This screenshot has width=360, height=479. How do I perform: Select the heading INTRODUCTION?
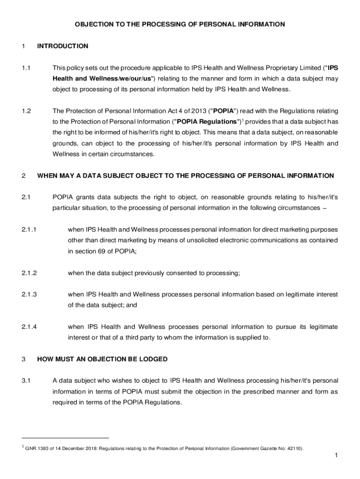(x=63, y=46)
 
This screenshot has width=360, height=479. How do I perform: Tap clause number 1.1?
(x=26, y=68)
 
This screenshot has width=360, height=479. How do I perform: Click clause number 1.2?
(x=26, y=111)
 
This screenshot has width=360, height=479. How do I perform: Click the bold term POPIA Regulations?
(x=206, y=122)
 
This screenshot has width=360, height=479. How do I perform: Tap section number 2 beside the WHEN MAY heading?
(x=23, y=176)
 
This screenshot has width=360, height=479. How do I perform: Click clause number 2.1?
(x=26, y=197)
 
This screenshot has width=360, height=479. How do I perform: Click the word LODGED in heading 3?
(x=152, y=359)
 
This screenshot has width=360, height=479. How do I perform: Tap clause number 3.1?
(x=26, y=380)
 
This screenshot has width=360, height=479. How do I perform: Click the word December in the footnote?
(x=69, y=449)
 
